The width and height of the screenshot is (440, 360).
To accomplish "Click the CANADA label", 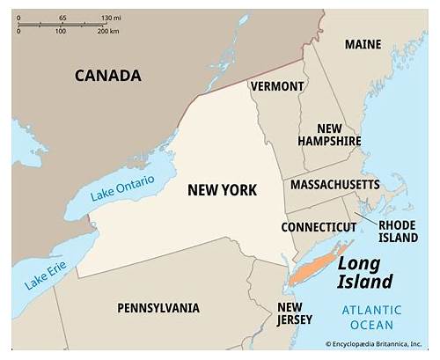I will click(107, 76).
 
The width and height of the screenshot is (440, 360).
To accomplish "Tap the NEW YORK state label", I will click(222, 190).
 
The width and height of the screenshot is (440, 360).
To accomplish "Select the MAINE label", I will click(363, 45).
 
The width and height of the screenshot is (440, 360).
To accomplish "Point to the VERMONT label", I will click(277, 86).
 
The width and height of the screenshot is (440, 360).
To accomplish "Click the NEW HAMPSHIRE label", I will click(329, 134).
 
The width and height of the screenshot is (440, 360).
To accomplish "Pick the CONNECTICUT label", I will click(319, 227).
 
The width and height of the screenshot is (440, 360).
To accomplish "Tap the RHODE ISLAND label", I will click(397, 231).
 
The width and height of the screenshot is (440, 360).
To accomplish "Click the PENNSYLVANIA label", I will click(158, 308).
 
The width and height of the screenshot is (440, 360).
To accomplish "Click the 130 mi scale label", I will click(111, 18).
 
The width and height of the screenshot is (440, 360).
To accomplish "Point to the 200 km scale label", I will click(108, 32).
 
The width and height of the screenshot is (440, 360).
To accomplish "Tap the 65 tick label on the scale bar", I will click(62, 18).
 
